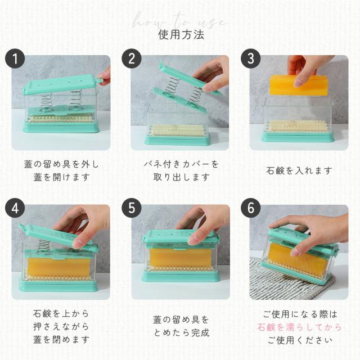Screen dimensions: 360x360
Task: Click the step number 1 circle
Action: pos(15,58)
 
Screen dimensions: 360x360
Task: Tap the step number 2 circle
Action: pos(132,58)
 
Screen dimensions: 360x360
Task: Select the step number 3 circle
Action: pos(251,58)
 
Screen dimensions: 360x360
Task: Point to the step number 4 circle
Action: pos(15,208)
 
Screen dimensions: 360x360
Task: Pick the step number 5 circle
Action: pos(132,208)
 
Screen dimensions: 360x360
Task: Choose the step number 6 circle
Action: pos(251,208)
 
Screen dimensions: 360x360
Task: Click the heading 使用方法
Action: pos(181,35)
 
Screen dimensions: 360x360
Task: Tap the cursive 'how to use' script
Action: pos(179,21)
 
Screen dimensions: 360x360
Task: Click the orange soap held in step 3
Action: pos(299,85)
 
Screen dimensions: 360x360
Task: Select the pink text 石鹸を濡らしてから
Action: pos(299,327)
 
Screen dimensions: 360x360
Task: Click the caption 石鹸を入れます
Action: pos(299,170)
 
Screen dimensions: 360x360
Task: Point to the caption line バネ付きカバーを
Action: pos(181,164)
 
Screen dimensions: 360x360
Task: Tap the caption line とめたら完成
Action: pos(181,332)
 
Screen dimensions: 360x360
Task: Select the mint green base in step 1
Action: pos(61,127)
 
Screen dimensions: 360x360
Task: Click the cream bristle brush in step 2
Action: pos(177,130)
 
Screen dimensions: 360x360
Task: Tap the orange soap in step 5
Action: pos(180,258)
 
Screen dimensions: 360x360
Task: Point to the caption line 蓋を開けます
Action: pos(61,177)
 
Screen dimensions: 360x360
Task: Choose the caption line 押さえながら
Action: pos(61,326)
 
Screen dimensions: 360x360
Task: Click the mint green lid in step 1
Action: pos(60,84)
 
